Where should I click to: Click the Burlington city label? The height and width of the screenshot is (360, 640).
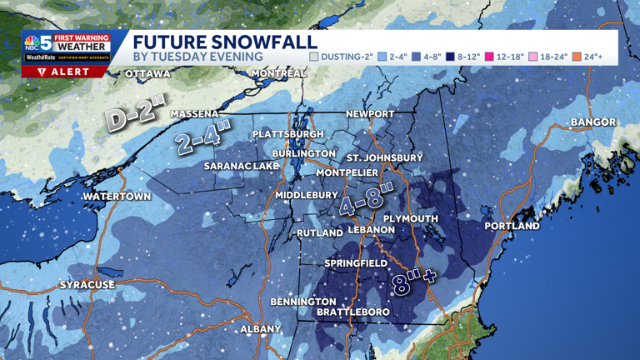[304, 154]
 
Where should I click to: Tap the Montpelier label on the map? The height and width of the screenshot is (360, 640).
[347, 172]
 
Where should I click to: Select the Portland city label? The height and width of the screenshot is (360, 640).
[512, 226]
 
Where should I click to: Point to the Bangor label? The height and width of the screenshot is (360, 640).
[593, 122]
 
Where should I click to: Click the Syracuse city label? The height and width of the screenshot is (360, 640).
[87, 285]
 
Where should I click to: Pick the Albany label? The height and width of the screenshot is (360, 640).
[261, 329]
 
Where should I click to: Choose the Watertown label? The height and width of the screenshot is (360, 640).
[117, 197]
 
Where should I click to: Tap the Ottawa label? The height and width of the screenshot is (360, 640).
[147, 74]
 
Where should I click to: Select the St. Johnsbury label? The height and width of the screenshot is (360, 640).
[384, 157]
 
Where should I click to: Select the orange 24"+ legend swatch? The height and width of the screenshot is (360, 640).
[577, 57]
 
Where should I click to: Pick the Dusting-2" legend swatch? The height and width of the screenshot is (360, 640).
[314, 57]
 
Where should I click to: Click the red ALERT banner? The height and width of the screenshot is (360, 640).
[65, 72]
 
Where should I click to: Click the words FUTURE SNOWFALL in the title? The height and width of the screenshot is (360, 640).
[225, 42]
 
